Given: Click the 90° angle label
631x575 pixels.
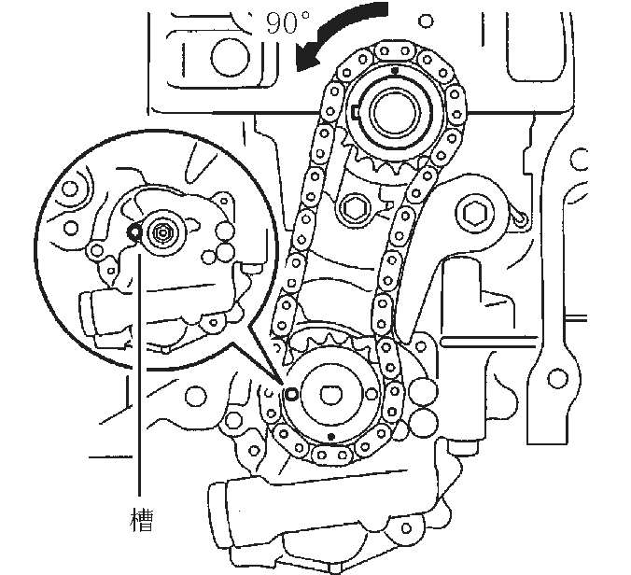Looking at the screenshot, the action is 287,22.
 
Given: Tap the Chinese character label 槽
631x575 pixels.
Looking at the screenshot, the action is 142,520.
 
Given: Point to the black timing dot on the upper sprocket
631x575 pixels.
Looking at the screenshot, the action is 395,70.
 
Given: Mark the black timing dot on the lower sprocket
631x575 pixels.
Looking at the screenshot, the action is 331,437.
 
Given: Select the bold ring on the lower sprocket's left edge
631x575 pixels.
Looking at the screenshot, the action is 290,394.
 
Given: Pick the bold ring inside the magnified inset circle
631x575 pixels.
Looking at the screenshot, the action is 133,231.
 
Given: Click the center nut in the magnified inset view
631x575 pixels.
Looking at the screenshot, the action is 162,232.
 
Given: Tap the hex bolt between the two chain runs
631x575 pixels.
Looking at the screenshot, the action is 357,208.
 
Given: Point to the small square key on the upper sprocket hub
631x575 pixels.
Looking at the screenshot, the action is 355,112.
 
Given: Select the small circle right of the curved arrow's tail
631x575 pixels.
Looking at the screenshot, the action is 427,21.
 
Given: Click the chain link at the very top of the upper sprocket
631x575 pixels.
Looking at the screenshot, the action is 395,51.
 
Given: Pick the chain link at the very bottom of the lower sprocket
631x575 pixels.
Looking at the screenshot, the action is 331,456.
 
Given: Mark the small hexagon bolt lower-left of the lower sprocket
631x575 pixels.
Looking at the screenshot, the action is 233,421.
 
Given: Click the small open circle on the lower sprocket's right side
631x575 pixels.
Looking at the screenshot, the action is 372,394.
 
